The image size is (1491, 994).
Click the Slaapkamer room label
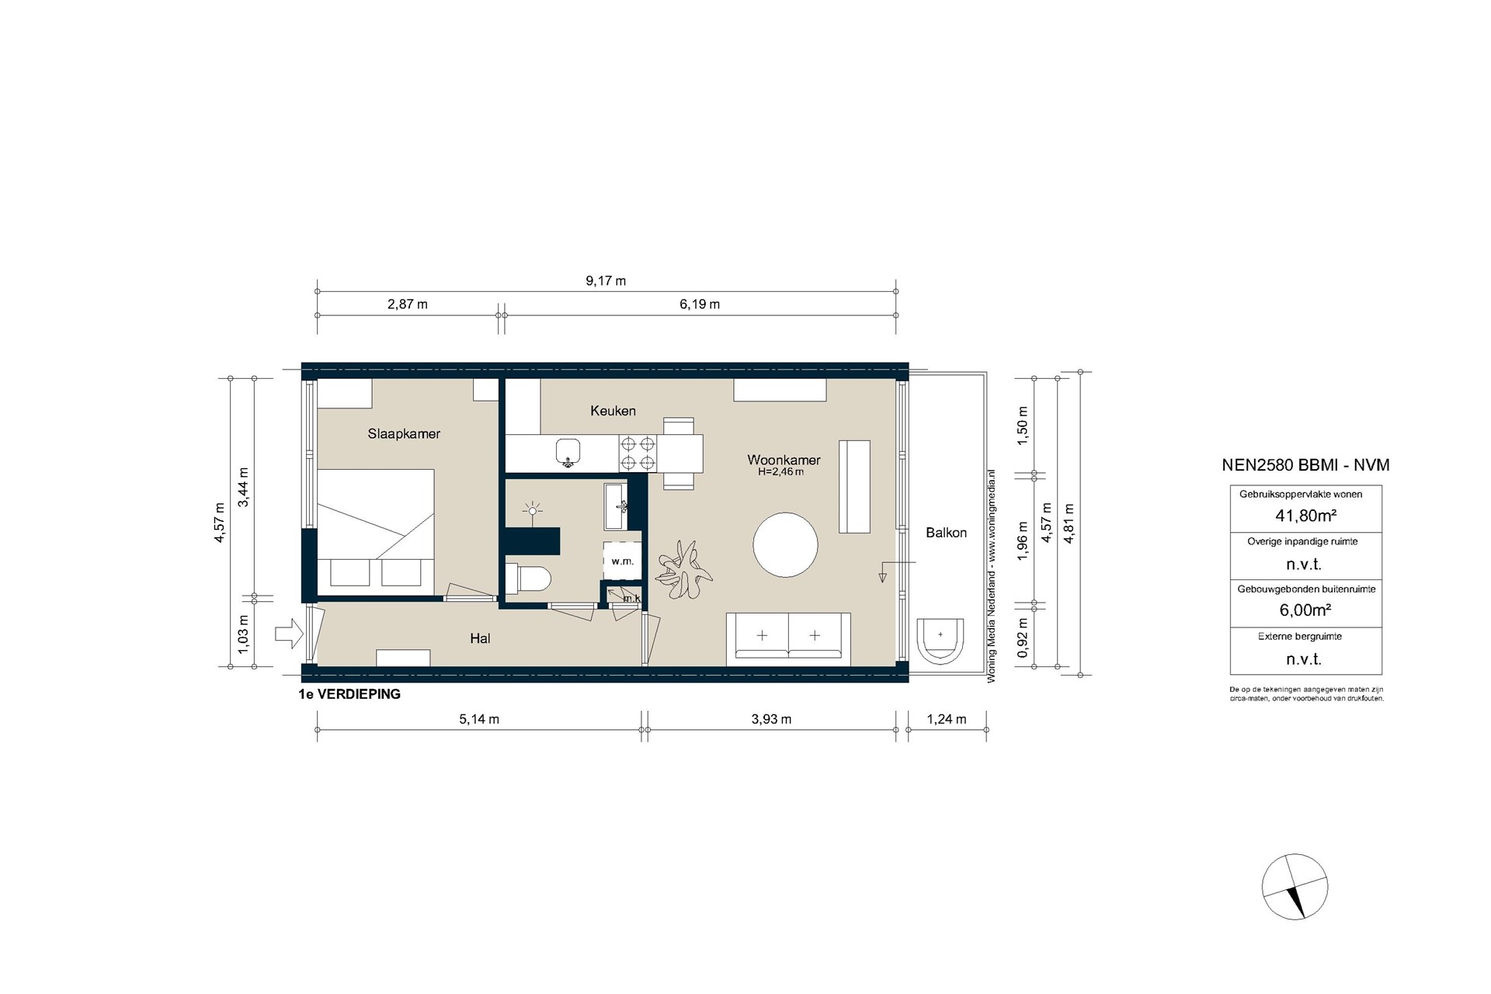[404, 434]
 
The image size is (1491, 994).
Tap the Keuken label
[613, 411]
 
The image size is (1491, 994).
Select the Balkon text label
[946, 533]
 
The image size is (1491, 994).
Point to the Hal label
[480, 638]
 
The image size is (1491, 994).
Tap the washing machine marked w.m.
[623, 561]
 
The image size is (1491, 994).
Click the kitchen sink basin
[568, 451]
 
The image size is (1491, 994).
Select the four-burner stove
[638, 454]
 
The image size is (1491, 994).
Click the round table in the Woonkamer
[785, 544]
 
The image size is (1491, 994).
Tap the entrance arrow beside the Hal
[289, 633]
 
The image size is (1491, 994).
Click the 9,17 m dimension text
[606, 281]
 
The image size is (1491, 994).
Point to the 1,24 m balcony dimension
[947, 719]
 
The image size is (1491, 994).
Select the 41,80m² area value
[1305, 516]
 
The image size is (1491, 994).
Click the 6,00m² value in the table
[1305, 610]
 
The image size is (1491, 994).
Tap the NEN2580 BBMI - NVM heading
[1305, 465]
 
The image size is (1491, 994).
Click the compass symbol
[1295, 887]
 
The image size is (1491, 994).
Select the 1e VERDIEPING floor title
[349, 694]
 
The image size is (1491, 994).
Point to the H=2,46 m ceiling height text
[780, 471]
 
